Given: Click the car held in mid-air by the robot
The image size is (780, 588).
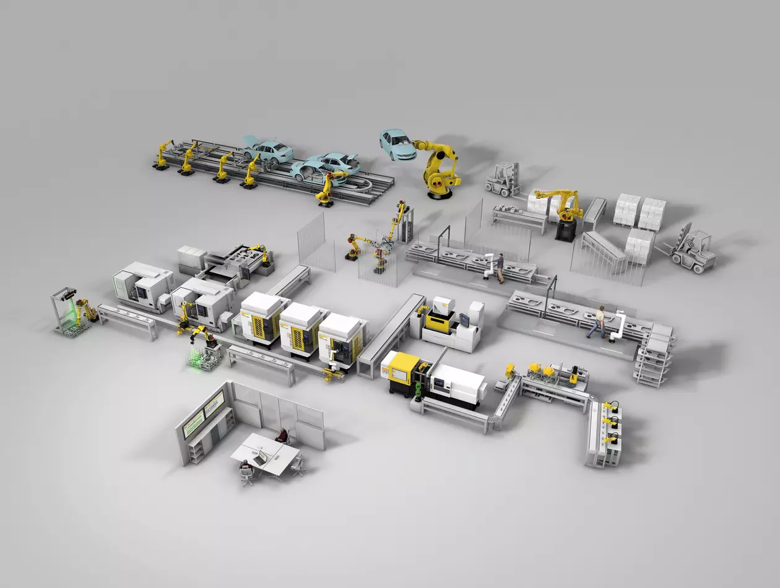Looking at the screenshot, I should tap(397, 145).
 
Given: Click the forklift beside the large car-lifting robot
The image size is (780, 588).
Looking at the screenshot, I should tap(503, 179).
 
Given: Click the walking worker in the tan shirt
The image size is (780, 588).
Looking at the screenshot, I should tap(599, 321).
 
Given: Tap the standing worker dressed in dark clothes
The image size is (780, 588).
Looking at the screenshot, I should tap(500, 267).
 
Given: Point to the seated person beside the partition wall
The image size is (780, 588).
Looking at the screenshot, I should tap(283, 436).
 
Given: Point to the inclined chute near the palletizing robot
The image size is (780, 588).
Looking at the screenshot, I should tap(604, 248).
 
